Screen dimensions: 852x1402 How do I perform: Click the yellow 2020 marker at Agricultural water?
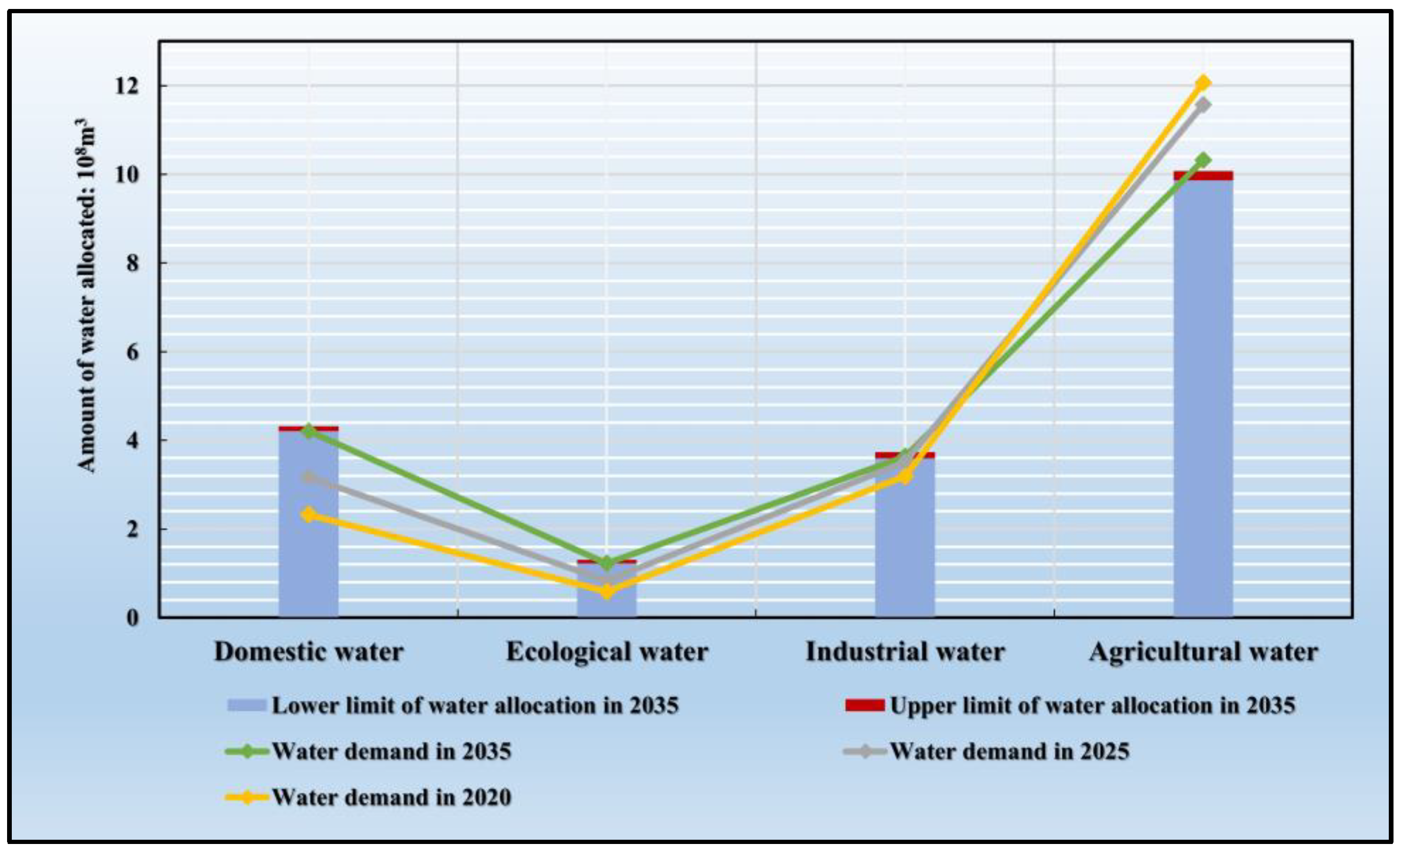[x=1203, y=83]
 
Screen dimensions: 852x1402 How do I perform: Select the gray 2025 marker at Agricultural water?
[x=1203, y=105]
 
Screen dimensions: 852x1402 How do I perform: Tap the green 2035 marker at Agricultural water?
[x=1203, y=160]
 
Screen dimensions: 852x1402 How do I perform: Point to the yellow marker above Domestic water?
[x=309, y=515]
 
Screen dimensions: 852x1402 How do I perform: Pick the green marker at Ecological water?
[x=606, y=563]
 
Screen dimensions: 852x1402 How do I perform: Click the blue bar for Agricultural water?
[x=1203, y=398]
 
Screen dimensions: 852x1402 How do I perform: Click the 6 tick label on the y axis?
[x=132, y=352]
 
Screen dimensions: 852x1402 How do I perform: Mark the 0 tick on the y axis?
[x=132, y=618]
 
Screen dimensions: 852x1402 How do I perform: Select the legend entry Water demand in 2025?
[x=1009, y=752]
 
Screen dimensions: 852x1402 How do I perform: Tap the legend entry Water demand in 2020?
[x=392, y=797]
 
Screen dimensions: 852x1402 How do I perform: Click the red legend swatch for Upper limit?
[x=865, y=706]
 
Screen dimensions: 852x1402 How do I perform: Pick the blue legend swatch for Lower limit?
[x=246, y=706]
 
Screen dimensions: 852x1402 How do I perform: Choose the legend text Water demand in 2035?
[x=392, y=752]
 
